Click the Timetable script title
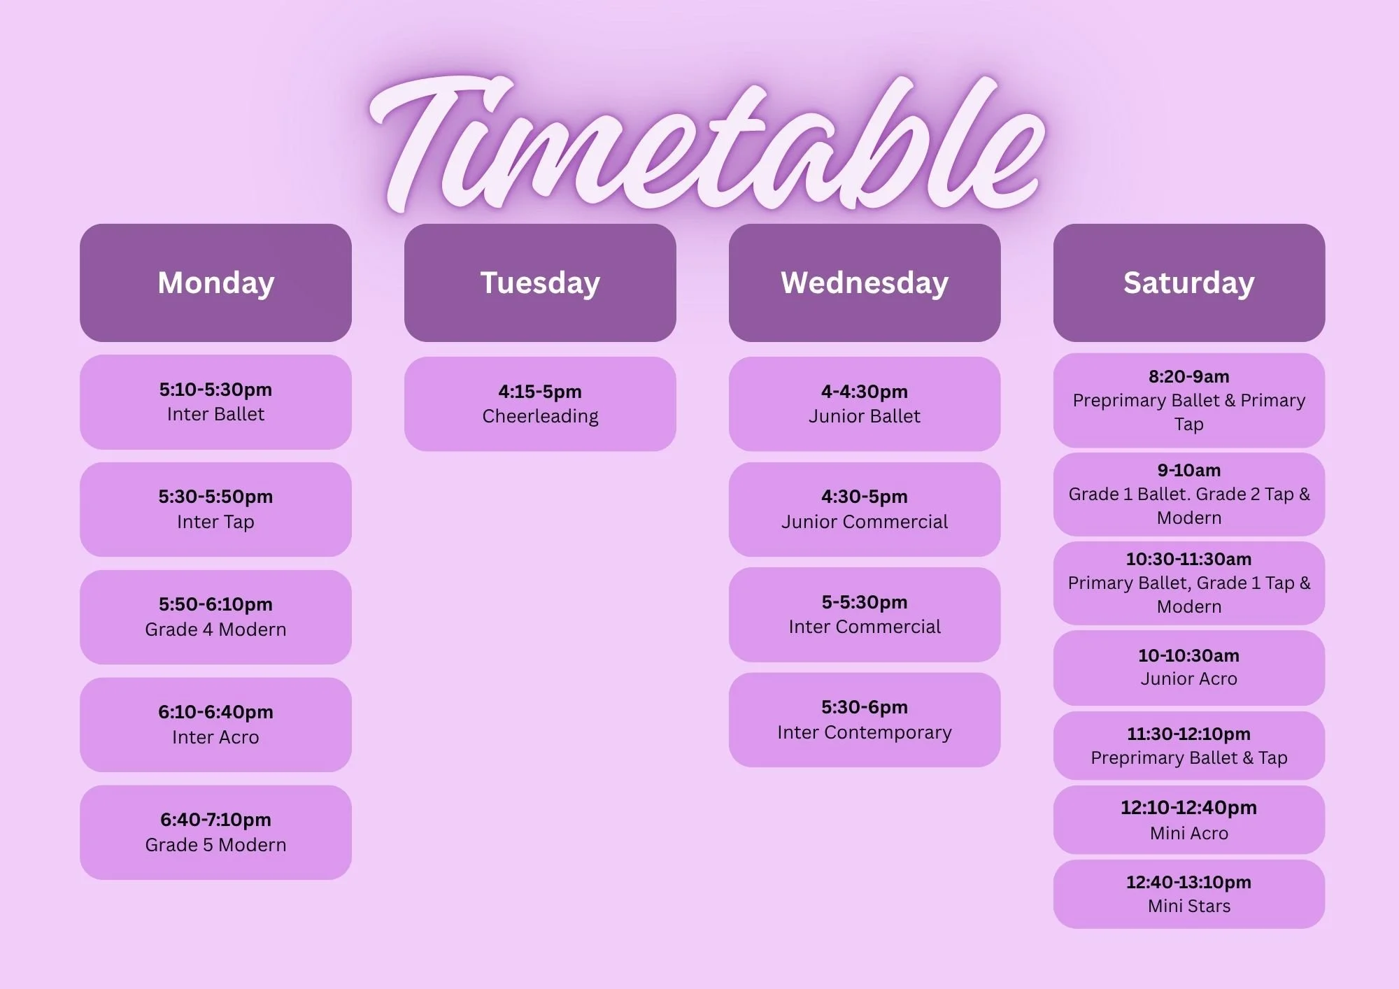tap(706, 143)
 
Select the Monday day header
tap(215, 283)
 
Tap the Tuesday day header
tap(540, 283)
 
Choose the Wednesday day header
tap(865, 283)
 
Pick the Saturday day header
tap(1189, 283)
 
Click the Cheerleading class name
tap(540, 416)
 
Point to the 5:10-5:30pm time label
tap(215, 390)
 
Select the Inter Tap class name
tap(215, 522)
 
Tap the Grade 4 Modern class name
tap(215, 629)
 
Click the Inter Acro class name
tap(215, 737)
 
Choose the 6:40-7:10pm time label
tap(215, 820)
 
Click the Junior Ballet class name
tap(865, 416)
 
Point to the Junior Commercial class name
tap(865, 522)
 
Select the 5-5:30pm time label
tap(865, 602)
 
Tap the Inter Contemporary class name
tap(865, 732)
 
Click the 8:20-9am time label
tap(1189, 376)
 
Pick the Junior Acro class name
tap(1189, 678)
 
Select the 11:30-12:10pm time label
tap(1189, 734)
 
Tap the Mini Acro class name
tap(1189, 833)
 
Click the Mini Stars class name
tap(1189, 906)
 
